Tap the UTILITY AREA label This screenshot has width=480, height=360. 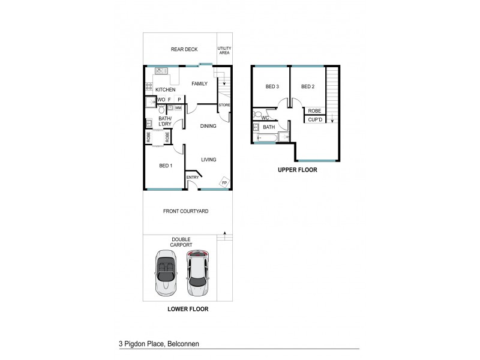click(224, 50)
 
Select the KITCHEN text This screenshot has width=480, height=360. click(165, 90)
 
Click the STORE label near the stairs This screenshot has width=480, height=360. click(224, 106)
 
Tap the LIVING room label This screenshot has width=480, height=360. click(208, 159)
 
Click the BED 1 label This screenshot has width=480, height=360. click(166, 166)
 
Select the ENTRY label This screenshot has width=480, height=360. click(193, 177)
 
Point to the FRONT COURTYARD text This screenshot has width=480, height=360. click(185, 211)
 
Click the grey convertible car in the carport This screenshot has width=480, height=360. click(166, 273)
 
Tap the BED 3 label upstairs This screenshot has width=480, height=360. click(272, 87)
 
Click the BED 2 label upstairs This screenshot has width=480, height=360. click(308, 87)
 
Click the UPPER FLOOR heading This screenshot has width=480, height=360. click(297, 170)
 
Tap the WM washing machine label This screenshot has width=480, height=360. click(178, 108)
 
